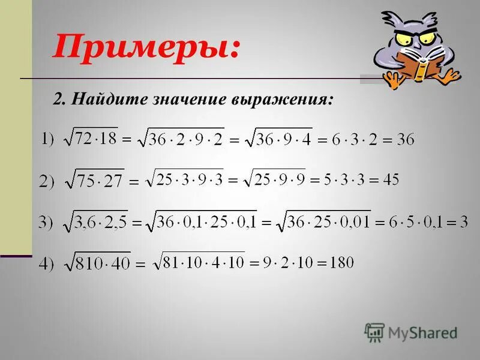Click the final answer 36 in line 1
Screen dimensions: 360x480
tap(405, 140)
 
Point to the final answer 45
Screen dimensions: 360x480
tap(389, 179)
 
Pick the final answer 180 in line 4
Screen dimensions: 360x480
tap(341, 262)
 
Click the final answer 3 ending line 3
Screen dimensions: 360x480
tap(464, 222)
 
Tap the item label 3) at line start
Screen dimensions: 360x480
tap(46, 223)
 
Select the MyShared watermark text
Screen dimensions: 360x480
tap(422, 332)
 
